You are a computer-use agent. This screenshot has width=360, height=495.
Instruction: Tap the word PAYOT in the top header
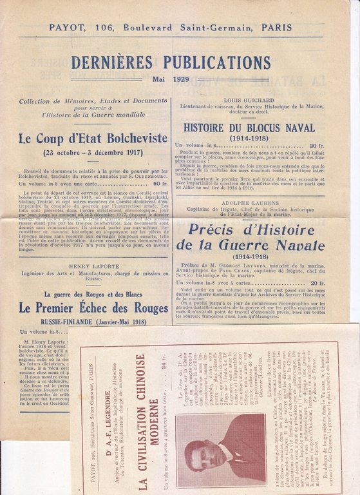pyautogui.click(x=67, y=28)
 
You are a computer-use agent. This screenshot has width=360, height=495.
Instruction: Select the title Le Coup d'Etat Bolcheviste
pyautogui.click(x=93, y=139)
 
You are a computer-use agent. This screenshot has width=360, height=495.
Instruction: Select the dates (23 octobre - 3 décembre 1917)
pyautogui.click(x=93, y=153)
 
